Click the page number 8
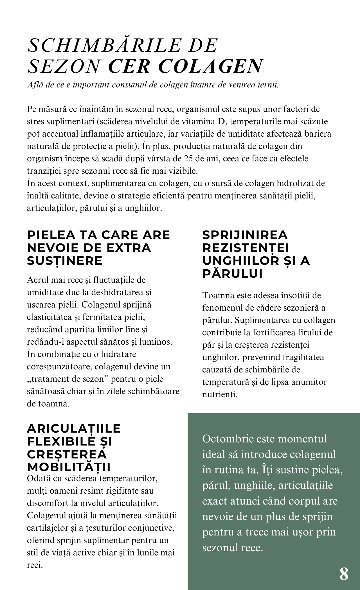[344, 574]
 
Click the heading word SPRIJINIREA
[245, 235]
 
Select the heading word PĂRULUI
[232, 274]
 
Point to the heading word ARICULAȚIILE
[74, 429]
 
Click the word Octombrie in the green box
[228, 439]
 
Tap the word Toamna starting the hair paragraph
[218, 296]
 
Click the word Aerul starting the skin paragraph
[38, 280]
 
